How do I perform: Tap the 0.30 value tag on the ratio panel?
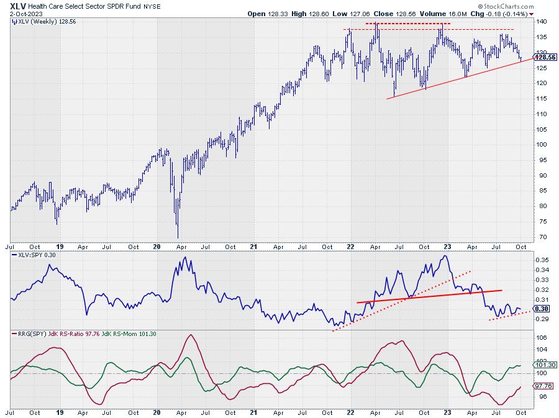542,309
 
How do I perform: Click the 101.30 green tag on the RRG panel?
545,366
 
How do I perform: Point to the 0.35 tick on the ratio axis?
542,260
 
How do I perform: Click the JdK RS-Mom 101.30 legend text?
137,334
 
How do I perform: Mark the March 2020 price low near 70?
178,236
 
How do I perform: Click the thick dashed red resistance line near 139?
407,24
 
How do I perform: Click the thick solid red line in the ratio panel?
429,296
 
